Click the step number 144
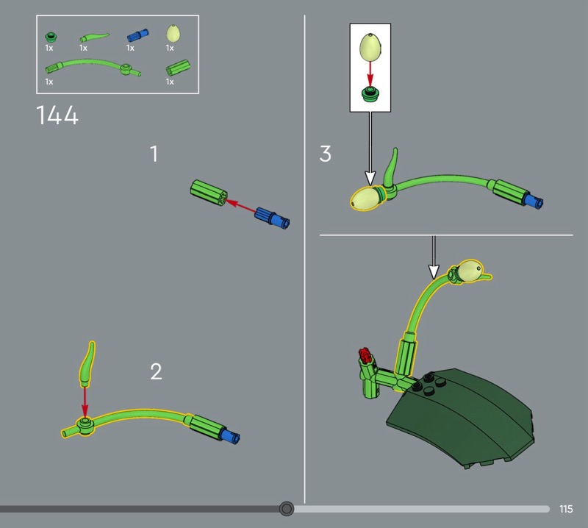click(x=57, y=115)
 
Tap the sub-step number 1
click(x=154, y=154)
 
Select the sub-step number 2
click(x=156, y=371)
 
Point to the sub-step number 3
click(x=325, y=154)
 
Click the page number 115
click(x=566, y=509)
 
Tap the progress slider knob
click(x=287, y=509)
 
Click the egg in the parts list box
click(x=173, y=33)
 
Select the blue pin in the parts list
click(x=137, y=35)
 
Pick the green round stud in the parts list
click(x=51, y=37)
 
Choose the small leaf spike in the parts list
click(x=94, y=38)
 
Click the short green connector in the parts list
click(x=178, y=68)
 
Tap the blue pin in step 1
click(x=272, y=218)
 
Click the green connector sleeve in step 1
click(x=209, y=193)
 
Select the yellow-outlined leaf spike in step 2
click(x=87, y=363)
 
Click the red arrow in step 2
click(x=85, y=402)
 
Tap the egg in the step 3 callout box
click(x=370, y=47)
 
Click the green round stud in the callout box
click(x=370, y=94)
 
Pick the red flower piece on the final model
click(x=365, y=355)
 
